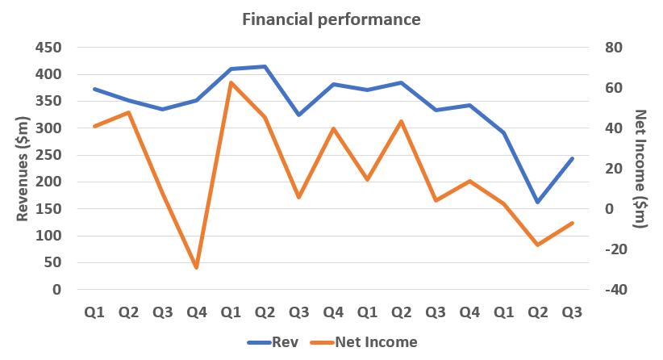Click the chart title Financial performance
pos(331,19)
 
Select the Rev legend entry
pos(285,342)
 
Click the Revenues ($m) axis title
pos(25,170)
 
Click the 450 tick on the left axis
pos(49,48)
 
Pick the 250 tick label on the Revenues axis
pos(49,155)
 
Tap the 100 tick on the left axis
pos(49,236)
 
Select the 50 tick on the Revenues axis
pos(53,262)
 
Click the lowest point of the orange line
pos(196,267)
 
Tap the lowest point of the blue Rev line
pos(538,202)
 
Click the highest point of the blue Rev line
pos(265,66)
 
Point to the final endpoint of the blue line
pos(572,158)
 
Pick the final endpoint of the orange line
pos(572,223)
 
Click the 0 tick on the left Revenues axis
pos(57,290)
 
